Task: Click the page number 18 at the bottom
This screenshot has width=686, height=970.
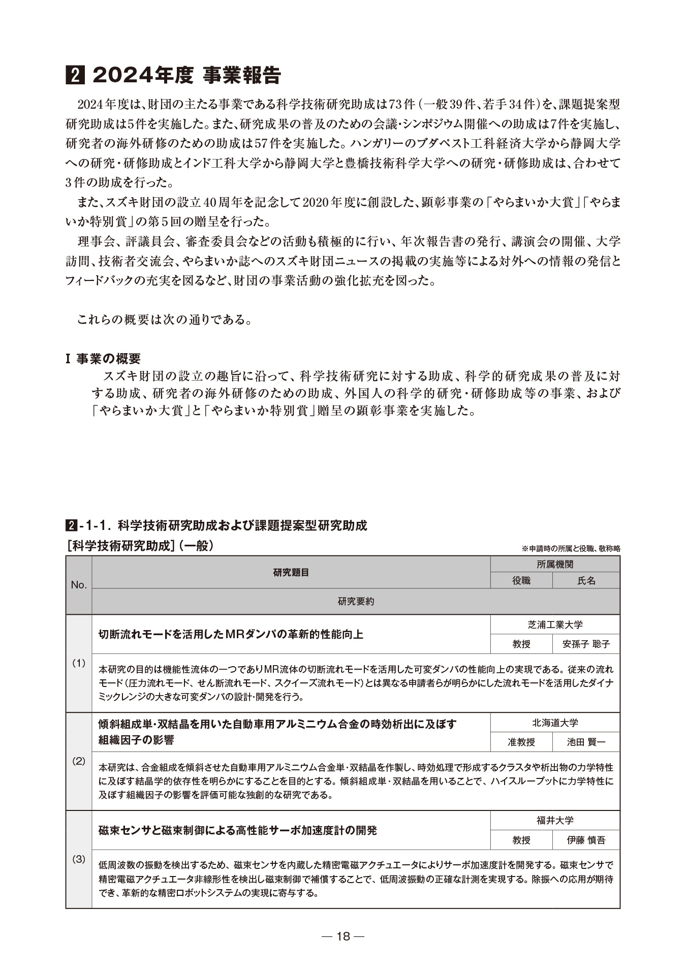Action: [x=343, y=936]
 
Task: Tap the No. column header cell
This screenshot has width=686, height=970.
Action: [x=79, y=585]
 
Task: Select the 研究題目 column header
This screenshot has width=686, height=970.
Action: [x=291, y=572]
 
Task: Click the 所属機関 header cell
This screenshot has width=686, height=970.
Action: [x=555, y=564]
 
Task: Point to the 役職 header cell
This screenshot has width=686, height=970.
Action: [x=521, y=580]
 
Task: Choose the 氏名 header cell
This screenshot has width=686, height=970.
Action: [x=586, y=580]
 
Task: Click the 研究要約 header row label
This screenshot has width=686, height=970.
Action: [x=356, y=601]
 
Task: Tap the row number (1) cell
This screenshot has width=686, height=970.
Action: [x=79, y=663]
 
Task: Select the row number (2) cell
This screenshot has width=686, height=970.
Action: [x=79, y=761]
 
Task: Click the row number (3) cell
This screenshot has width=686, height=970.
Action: [x=79, y=859]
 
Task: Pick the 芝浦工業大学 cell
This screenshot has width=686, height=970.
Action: [x=555, y=624]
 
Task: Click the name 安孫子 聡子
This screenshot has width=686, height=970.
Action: [x=586, y=644]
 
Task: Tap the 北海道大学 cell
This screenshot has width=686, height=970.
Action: [x=555, y=723]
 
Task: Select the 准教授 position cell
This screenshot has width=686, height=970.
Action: [x=521, y=742]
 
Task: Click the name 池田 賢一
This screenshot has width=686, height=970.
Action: [x=586, y=742]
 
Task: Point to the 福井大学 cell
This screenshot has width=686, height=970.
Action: [x=555, y=820]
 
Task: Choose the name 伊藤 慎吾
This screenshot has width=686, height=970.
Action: [x=586, y=840]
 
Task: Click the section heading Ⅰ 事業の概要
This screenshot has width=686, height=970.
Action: [x=103, y=359]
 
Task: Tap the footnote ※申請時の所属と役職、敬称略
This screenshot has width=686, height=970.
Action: [x=571, y=549]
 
